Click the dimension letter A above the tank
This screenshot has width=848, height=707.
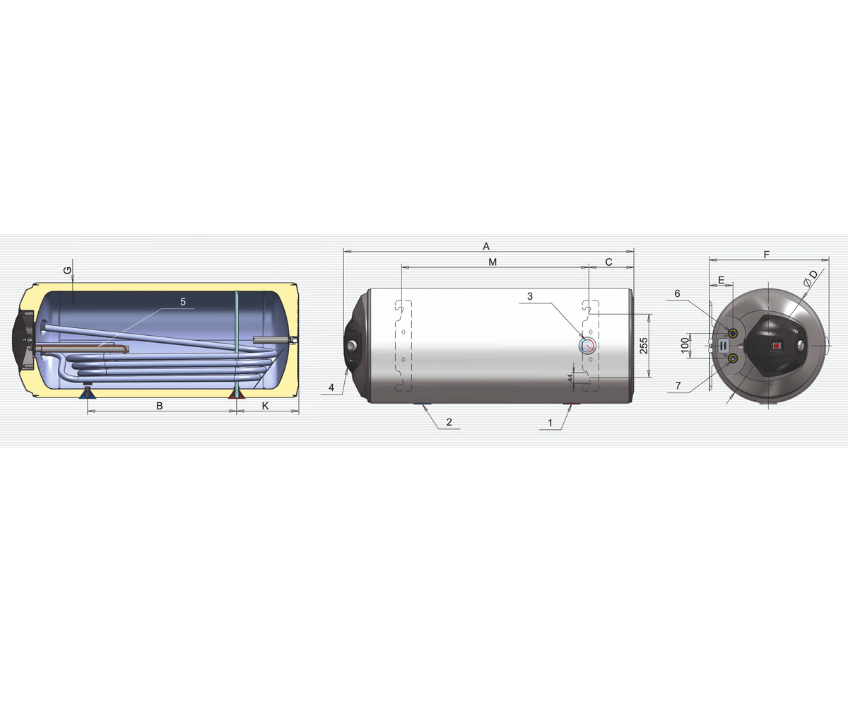pos(486,246)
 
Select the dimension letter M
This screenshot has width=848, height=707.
pos(493,262)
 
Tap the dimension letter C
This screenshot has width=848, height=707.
pos(608,262)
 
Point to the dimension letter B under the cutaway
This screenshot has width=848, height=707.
pos(160,406)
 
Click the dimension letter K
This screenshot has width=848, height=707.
pos(265,406)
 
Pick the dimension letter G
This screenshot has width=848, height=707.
pos(68,271)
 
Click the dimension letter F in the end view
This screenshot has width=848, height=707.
pos(766,255)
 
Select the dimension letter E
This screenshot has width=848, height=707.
pos(722,280)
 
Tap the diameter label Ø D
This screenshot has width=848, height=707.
pos(811,279)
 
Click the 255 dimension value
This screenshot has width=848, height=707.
pos(644,346)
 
